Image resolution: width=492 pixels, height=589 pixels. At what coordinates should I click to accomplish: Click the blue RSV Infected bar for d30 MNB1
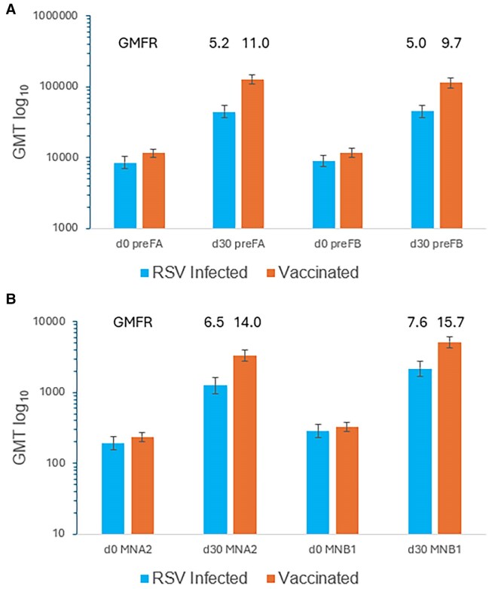pyautogui.click(x=420, y=451)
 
